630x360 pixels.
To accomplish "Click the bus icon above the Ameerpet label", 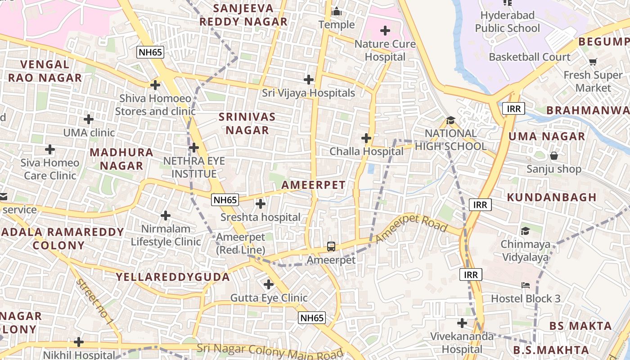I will pyautogui.click(x=331, y=247).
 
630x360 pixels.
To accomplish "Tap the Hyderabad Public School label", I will pyautogui.click(x=507, y=22).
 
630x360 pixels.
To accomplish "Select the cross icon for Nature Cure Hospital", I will pyautogui.click(x=385, y=31).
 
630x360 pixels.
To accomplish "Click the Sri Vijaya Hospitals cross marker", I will pyautogui.click(x=309, y=80).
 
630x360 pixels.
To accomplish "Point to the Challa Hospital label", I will pyautogui.click(x=366, y=151).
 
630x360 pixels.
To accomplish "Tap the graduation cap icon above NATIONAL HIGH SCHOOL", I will pyautogui.click(x=450, y=120).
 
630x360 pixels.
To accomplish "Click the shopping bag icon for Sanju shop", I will pyautogui.click(x=554, y=156).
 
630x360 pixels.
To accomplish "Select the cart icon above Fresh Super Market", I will pyautogui.click(x=593, y=62).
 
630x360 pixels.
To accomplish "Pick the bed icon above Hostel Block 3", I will pyautogui.click(x=525, y=285).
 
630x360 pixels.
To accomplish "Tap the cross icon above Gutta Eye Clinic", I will pyautogui.click(x=269, y=284).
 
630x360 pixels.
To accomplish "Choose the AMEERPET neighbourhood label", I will pyautogui.click(x=313, y=185).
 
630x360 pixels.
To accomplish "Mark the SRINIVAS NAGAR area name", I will pyautogui.click(x=247, y=123).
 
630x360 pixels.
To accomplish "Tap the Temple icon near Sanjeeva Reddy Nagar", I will pyautogui.click(x=337, y=12).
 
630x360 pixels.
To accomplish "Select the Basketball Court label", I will pyautogui.click(x=529, y=57).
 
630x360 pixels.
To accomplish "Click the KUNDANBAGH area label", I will pyautogui.click(x=552, y=197).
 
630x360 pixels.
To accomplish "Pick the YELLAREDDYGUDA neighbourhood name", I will pyautogui.click(x=173, y=277).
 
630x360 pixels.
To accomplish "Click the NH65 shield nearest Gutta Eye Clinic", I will pyautogui.click(x=312, y=318).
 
